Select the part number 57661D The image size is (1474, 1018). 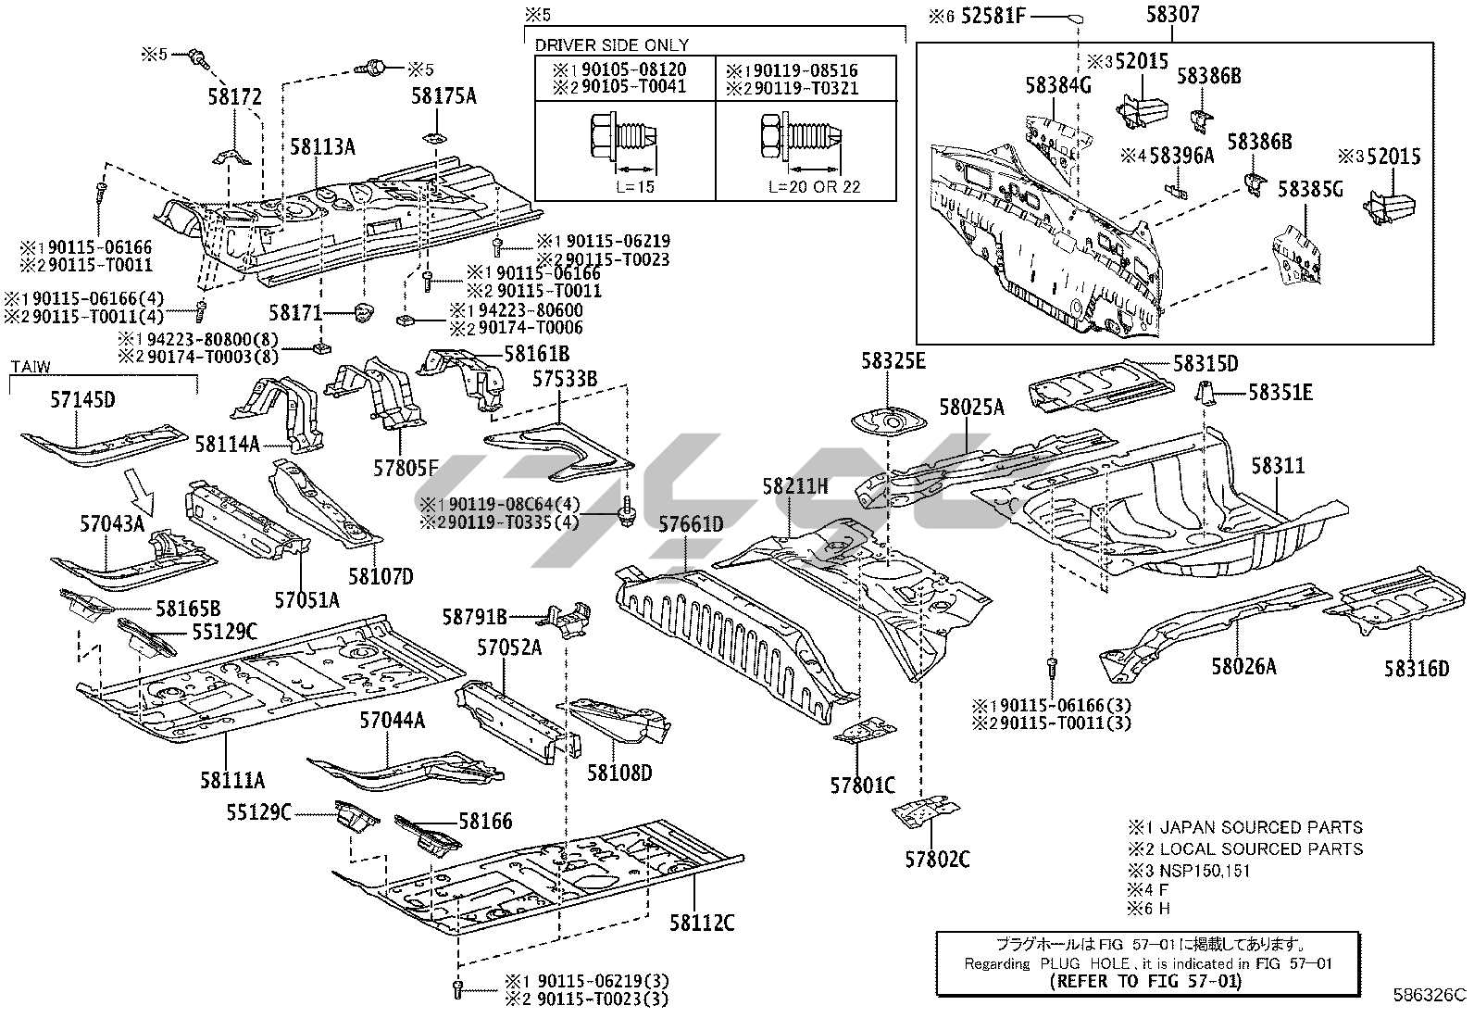tap(691, 525)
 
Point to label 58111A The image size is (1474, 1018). tap(232, 780)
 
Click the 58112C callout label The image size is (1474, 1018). tap(703, 923)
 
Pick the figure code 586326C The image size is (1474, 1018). tap(1430, 996)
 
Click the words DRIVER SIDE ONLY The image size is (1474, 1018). tap(612, 44)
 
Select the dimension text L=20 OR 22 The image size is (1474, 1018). tap(814, 186)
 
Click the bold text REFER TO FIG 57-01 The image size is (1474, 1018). tap(1145, 981)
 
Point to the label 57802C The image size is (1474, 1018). tap(937, 859)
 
